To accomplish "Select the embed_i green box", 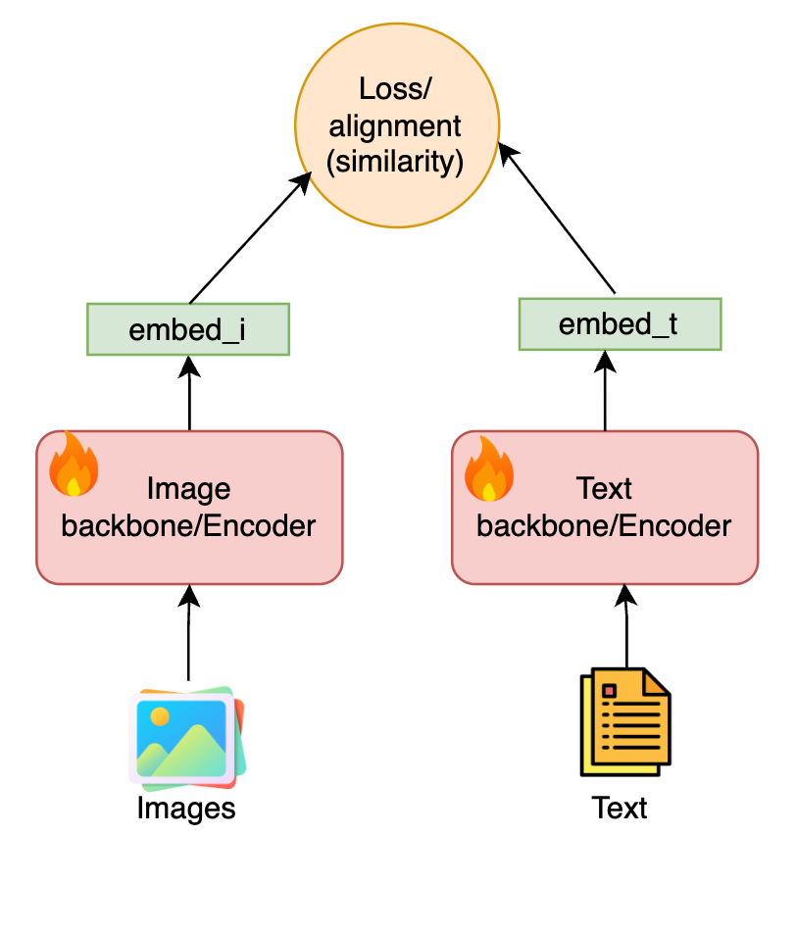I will [x=188, y=329].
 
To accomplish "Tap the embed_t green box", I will [x=619, y=324].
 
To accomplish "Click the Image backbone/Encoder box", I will [x=189, y=507].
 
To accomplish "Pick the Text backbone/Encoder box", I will [x=604, y=507].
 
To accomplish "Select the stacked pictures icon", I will [x=187, y=739].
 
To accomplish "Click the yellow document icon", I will [x=625, y=720].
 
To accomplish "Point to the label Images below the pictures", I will [x=186, y=809].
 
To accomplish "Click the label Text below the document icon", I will [x=620, y=809].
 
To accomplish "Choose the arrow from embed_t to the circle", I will [x=559, y=220].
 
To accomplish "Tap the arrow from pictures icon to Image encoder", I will [x=188, y=632].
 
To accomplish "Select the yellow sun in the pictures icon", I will [x=159, y=715].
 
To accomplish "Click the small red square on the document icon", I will [x=610, y=692].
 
